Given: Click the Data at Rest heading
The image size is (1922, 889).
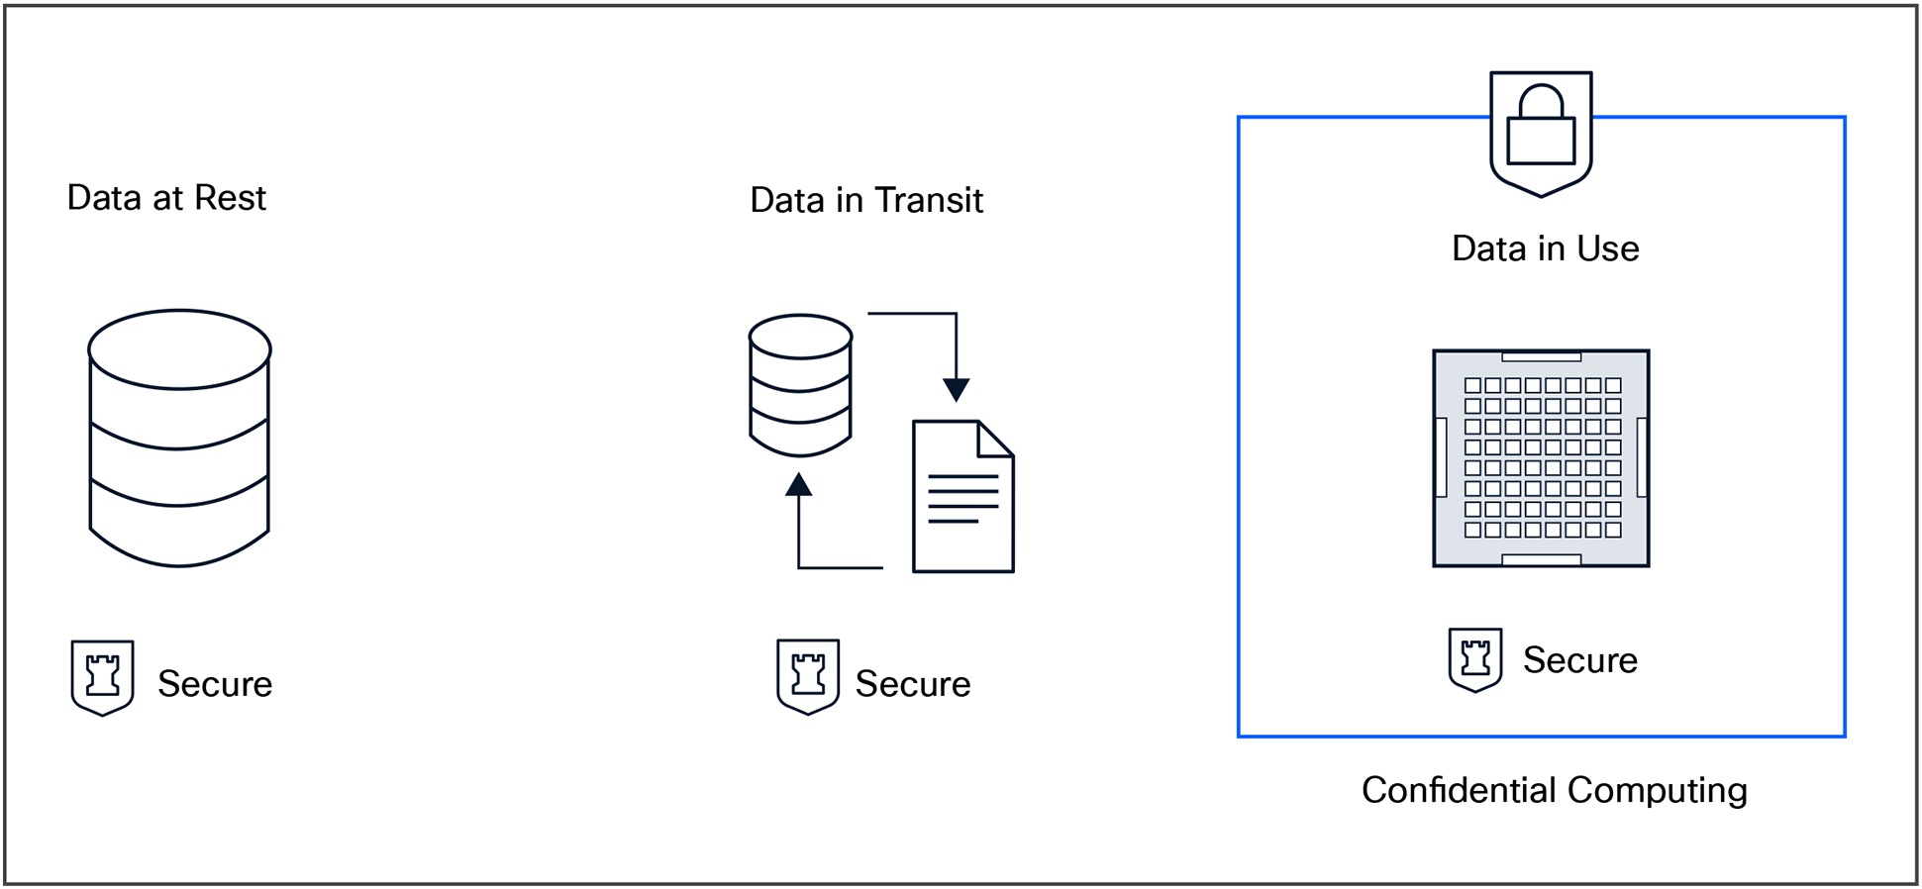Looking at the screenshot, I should pyautogui.click(x=166, y=198).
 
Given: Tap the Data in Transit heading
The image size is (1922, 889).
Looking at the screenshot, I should pyautogui.click(x=865, y=200).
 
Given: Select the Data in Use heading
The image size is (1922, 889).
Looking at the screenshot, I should pyautogui.click(x=1545, y=248).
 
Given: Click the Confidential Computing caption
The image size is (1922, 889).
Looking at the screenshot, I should pyautogui.click(x=1554, y=790).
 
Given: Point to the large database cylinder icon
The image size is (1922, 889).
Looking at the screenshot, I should pyautogui.click(x=179, y=441).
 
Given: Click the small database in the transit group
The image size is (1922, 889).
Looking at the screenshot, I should pyautogui.click(x=800, y=386).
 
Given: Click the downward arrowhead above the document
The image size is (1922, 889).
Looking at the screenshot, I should pyautogui.click(x=956, y=389).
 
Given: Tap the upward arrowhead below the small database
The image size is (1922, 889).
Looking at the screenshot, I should pyautogui.click(x=799, y=485).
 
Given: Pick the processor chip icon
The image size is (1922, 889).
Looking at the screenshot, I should pyautogui.click(x=1541, y=458).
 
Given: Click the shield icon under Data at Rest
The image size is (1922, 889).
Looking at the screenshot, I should pyautogui.click(x=102, y=677).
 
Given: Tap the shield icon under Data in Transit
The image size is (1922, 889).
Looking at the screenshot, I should pyautogui.click(x=808, y=676).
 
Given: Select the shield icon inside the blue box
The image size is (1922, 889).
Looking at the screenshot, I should pyautogui.click(x=1474, y=659).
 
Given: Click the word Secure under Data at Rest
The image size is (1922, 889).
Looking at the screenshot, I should pyautogui.click(x=215, y=684).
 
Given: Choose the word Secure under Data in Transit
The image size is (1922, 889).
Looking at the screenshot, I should pyautogui.click(x=912, y=684).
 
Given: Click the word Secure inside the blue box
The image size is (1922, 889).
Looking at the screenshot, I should pyautogui.click(x=1579, y=660).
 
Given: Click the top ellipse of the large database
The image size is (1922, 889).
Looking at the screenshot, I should pyautogui.click(x=179, y=349).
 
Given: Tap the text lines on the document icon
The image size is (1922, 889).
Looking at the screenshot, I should pyautogui.click(x=962, y=499).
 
